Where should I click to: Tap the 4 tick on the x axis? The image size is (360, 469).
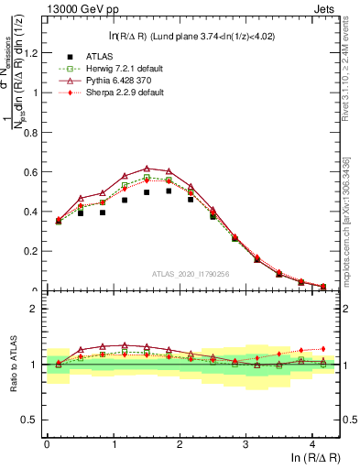tap(313, 444)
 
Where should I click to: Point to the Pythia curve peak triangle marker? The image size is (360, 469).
tap(147, 169)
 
